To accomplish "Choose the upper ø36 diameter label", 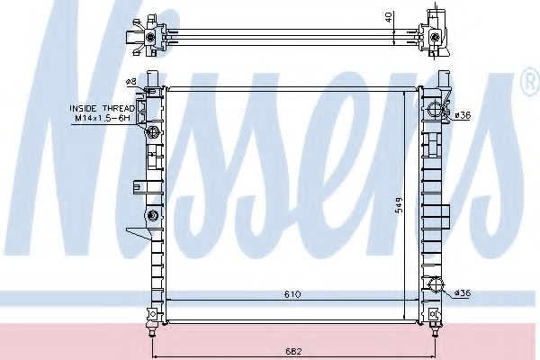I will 462,114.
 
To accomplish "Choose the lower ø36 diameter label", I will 462,292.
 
